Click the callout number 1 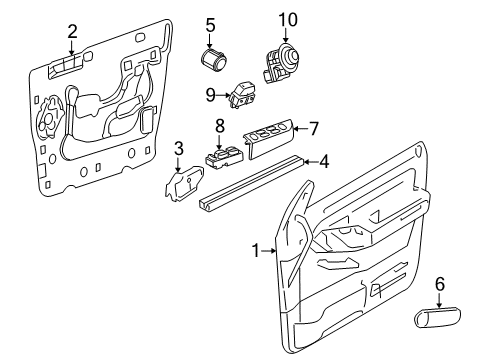[256, 250]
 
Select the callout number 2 [72, 32]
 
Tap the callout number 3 [179, 149]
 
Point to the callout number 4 [324, 162]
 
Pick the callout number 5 [210, 25]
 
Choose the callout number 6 [440, 284]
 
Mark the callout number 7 [314, 129]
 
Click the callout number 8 [220, 126]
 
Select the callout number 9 [210, 95]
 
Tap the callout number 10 [288, 20]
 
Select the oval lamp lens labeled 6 [437, 317]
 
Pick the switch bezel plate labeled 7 [269, 139]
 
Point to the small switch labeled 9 [242, 96]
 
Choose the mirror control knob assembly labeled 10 [281, 63]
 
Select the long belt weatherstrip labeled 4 [251, 183]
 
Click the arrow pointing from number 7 [301, 129]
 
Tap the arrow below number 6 [440, 300]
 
